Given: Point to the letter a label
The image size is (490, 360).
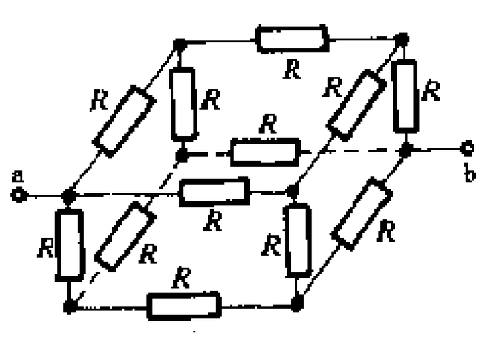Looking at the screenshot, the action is click(x=18, y=177).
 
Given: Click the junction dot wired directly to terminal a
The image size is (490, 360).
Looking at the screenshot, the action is click(x=68, y=196).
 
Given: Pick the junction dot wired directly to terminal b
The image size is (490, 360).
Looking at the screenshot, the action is click(x=406, y=148).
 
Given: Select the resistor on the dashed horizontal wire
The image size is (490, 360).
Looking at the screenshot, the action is click(x=265, y=151).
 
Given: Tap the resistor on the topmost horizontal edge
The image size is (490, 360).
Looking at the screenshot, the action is click(x=291, y=39).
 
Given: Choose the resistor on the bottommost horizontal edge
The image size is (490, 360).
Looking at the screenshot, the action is click(x=184, y=306).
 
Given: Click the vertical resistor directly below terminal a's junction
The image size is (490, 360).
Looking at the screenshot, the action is click(x=69, y=244).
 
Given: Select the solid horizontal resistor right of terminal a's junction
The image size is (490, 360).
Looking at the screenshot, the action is click(x=214, y=192).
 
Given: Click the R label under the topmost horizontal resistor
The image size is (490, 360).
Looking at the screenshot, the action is click(x=292, y=69).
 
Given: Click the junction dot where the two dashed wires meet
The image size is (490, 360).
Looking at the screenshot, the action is click(x=182, y=155).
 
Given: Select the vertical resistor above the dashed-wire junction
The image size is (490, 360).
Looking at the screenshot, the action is click(x=183, y=103).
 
